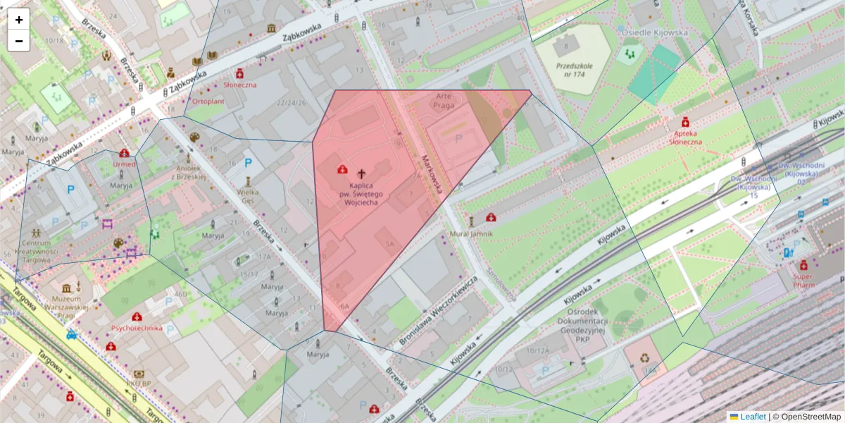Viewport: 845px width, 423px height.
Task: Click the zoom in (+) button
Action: (19, 20)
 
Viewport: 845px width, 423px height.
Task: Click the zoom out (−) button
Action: (19, 41)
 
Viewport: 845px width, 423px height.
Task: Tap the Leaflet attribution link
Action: (752, 417)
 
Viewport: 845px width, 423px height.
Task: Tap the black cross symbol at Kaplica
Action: (362, 173)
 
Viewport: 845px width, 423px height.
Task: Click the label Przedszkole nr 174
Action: (574, 70)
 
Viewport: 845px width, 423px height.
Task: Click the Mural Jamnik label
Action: (472, 233)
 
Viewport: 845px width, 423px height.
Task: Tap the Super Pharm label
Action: (803, 281)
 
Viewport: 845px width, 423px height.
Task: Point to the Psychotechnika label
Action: (136, 328)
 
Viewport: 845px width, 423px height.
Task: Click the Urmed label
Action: (124, 164)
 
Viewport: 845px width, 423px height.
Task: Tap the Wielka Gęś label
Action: (247, 195)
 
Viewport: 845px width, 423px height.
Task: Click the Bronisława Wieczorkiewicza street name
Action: (438, 309)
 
